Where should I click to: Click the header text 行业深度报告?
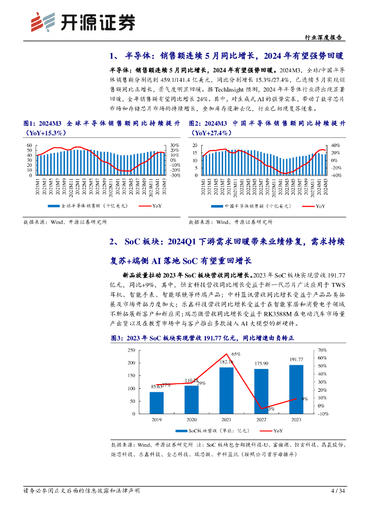(x=323, y=38)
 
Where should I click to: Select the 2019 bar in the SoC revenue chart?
(x=157, y=402)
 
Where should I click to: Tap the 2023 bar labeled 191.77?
(x=296, y=389)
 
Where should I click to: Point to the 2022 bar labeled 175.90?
(x=261, y=391)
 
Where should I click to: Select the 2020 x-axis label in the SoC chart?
(x=192, y=420)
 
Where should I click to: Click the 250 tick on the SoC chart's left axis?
(x=132, y=350)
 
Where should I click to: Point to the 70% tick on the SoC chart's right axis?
(x=322, y=350)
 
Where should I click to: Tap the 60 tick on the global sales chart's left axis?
(x=29, y=146)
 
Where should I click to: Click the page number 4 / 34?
(x=338, y=491)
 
